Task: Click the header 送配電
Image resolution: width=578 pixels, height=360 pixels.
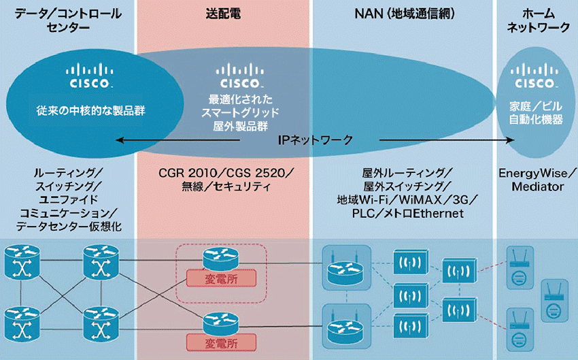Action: click(x=224, y=13)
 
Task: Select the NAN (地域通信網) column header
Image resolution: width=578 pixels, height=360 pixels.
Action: click(x=405, y=13)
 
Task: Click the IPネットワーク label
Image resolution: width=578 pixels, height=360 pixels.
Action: click(x=316, y=140)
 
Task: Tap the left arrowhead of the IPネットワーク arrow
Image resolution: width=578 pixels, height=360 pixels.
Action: click(x=117, y=140)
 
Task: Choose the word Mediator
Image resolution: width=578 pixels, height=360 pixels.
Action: click(x=537, y=185)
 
